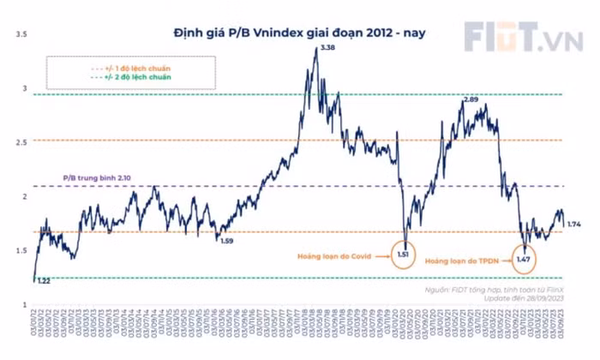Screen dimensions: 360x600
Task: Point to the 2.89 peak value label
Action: coord(470,100)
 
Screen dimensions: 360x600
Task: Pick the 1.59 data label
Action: coord(227,241)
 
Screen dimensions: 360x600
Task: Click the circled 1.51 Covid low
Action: coord(405,254)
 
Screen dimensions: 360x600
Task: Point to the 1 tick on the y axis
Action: coord(25,303)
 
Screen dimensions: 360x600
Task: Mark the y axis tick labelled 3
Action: coord(25,88)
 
